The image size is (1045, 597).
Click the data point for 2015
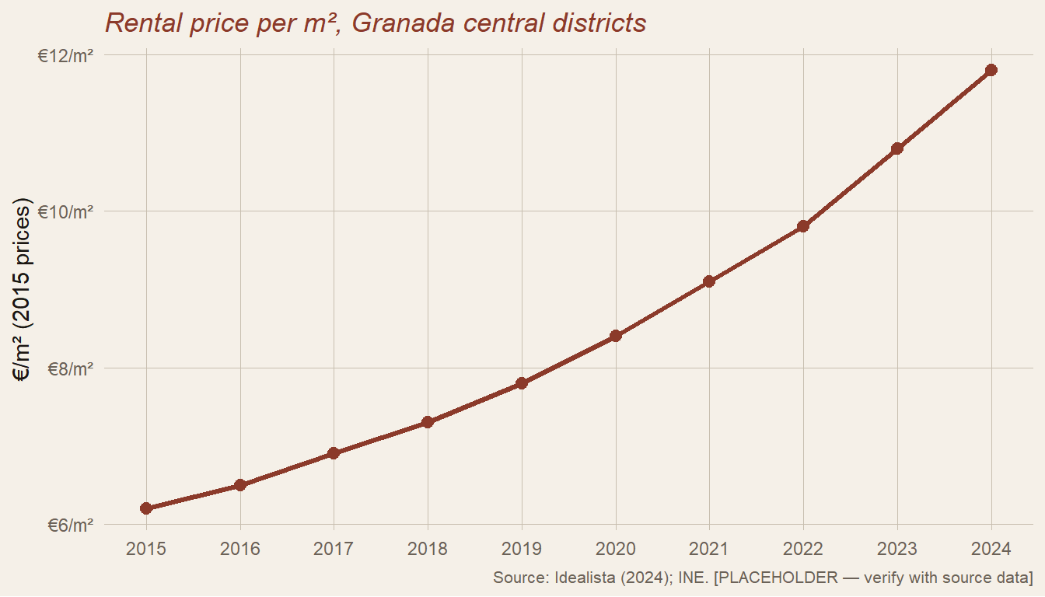click(146, 508)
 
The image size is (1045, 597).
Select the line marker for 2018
click(428, 422)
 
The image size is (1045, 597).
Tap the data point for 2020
click(616, 336)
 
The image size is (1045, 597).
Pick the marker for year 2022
click(803, 226)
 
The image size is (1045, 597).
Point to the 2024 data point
click(991, 70)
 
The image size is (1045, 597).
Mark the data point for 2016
click(240, 485)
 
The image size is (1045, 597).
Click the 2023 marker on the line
click(897, 148)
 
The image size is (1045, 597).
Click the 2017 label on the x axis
click(334, 550)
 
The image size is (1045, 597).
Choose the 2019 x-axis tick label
click(522, 550)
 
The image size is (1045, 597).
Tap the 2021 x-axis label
click(709, 550)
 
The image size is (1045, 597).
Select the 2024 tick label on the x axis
click(991, 550)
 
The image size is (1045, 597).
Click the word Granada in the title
click(404, 23)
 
